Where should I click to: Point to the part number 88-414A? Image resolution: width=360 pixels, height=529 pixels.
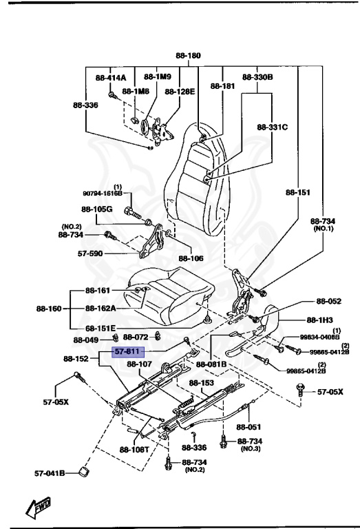111,78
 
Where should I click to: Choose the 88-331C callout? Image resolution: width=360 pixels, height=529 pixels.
272,127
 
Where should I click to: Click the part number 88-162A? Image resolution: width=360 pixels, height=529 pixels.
100,309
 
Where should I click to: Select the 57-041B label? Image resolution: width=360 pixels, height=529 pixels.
50,473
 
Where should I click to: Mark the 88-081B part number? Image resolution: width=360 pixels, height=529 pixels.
212,364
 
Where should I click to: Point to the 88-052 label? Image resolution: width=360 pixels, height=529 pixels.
328,301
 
